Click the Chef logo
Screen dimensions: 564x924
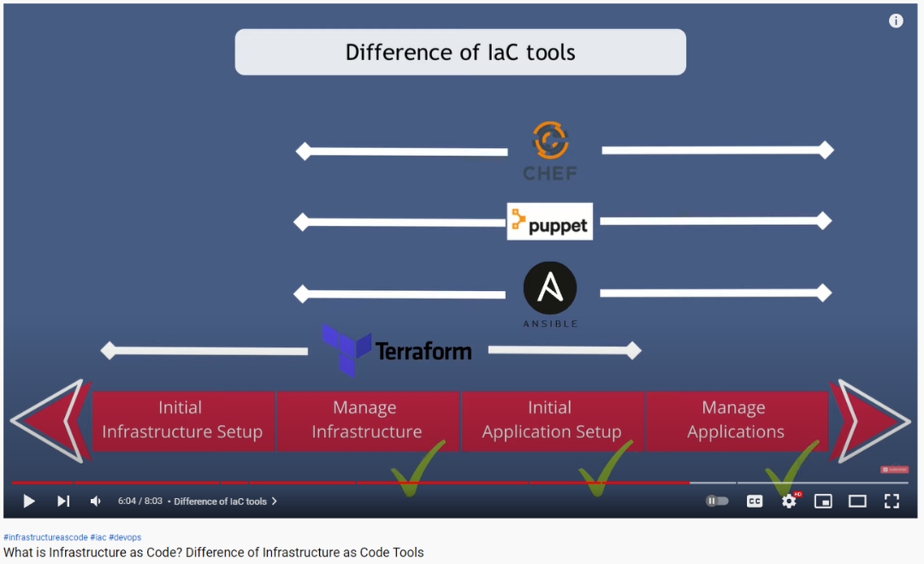(x=550, y=151)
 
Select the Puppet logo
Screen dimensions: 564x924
(x=549, y=222)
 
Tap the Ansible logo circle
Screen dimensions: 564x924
(x=550, y=288)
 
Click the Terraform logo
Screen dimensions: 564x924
(x=397, y=350)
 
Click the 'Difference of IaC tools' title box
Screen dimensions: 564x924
(x=460, y=52)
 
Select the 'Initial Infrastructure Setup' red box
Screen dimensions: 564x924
(x=182, y=420)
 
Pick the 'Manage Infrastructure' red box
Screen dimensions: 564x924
(x=366, y=420)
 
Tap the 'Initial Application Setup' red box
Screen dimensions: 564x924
(x=551, y=420)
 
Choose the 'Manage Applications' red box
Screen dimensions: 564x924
(x=736, y=420)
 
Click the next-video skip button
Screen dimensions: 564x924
(x=63, y=502)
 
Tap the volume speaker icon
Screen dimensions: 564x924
(x=96, y=502)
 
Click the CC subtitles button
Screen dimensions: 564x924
(x=755, y=502)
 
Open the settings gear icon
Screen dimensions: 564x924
(x=789, y=502)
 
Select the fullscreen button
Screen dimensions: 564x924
(x=891, y=502)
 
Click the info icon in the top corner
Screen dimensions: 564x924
(x=896, y=21)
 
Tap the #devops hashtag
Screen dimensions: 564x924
(x=125, y=537)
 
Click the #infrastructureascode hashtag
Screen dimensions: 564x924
(x=45, y=537)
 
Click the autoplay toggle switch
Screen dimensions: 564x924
(x=717, y=502)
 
